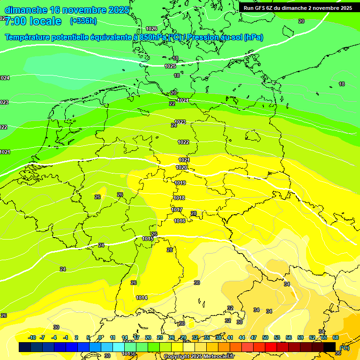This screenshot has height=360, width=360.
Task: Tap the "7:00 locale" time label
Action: click(33, 21)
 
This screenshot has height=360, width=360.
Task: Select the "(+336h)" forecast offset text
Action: click(83, 21)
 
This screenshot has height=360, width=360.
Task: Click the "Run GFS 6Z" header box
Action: click(298, 7)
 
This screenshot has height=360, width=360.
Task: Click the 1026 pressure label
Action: click(151, 29)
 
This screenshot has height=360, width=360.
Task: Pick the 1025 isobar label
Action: click(170, 66)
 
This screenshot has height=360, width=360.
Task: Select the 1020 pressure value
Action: click(181, 167)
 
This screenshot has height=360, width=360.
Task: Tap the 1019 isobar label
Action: click(180, 183)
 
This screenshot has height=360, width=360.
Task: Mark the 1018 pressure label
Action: click(179, 198)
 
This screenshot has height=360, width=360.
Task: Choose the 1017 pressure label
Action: click(177, 210)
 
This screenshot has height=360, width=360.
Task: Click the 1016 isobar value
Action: click(180, 221)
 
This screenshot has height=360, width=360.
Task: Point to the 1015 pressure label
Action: click(148, 239)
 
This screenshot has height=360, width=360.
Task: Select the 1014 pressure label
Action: click(142, 298)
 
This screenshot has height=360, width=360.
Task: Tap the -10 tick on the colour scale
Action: click(32, 337)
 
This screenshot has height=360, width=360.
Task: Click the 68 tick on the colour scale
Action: click(336, 337)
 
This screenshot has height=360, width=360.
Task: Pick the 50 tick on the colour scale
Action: click(265, 337)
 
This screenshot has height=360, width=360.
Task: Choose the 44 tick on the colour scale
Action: click(242, 337)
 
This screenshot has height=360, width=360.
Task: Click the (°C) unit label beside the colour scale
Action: click(345, 347)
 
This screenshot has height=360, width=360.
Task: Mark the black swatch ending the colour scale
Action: click(330, 347)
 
